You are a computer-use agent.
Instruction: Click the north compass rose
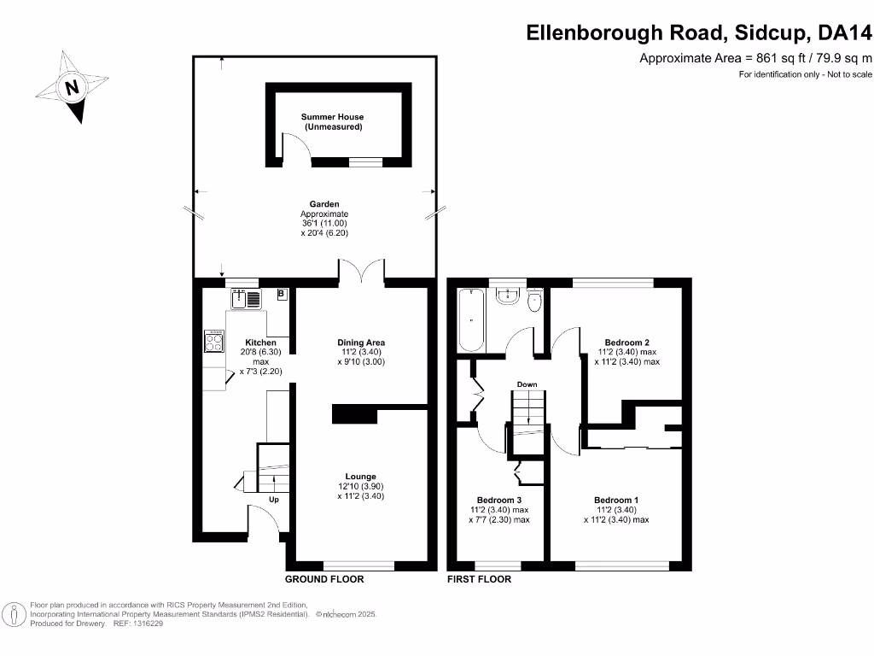pos(72,86)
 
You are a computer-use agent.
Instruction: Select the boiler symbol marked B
pos(282,295)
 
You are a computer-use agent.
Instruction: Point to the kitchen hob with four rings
pos(213,342)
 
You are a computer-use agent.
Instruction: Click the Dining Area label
pos(361,343)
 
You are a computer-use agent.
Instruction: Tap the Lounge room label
pos(361,477)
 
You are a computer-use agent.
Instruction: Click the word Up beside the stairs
pos(274,499)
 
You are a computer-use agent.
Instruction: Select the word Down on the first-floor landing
pos(527,384)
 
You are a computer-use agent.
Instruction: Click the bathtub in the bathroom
pos(472,320)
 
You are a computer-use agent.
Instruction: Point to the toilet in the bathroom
pos(535,300)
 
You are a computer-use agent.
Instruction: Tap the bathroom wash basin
pos(507,296)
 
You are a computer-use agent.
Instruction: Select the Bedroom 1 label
pos(616,500)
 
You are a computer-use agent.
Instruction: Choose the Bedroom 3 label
pos(498,500)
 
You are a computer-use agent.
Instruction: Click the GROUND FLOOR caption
pos(324,579)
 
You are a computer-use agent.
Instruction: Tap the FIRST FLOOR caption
pos(479,579)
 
